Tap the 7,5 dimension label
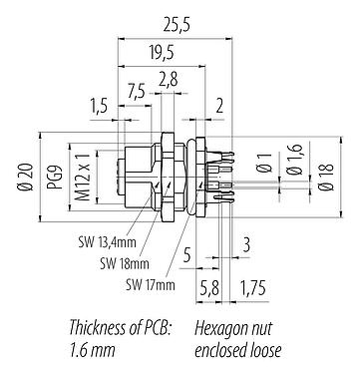(138, 91)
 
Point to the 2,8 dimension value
(169, 76)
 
